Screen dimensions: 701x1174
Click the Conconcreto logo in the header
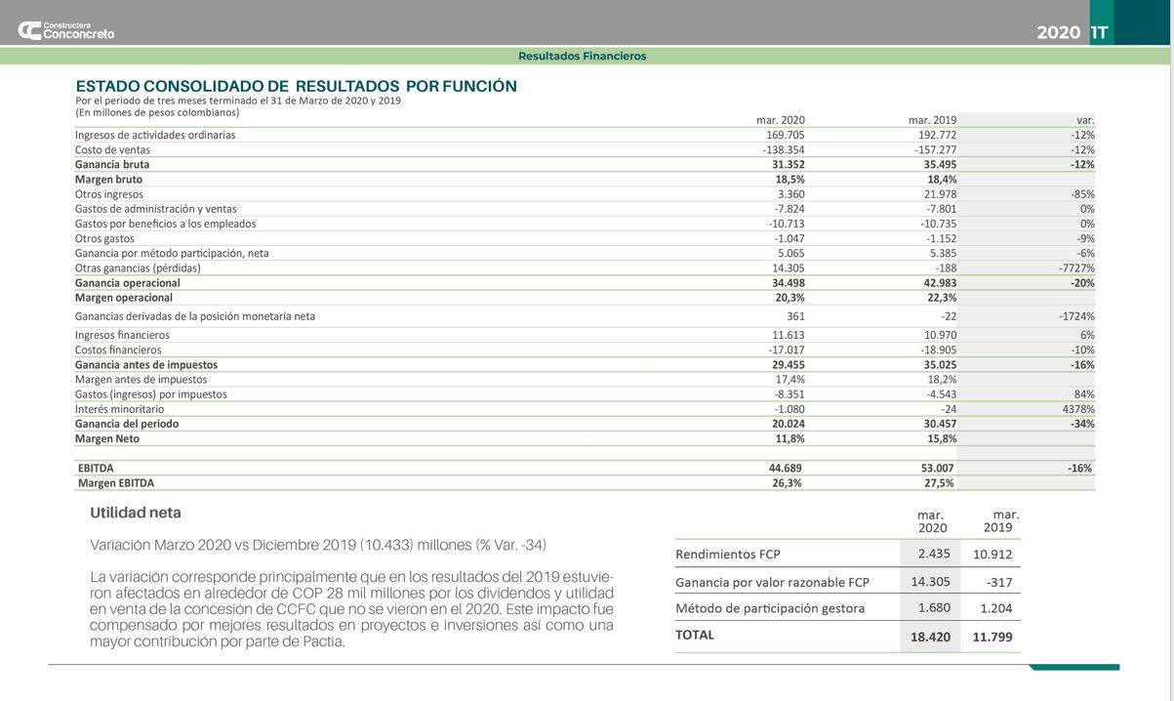(65, 30)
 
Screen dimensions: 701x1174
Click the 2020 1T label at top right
(1072, 32)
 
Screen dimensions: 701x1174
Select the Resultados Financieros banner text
(582, 57)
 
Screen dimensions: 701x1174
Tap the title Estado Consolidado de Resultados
(296, 86)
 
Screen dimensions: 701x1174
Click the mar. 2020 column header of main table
(781, 120)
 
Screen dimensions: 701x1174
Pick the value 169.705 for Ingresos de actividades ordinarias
(786, 135)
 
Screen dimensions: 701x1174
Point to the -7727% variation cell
(1076, 268)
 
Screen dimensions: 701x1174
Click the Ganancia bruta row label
(112, 165)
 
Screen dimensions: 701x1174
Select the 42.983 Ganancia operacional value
(940, 283)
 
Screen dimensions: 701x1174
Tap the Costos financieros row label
(118, 350)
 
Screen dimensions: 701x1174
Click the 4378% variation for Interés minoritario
(1078, 409)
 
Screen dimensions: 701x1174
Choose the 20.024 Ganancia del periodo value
(789, 424)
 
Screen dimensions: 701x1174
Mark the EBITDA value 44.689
(785, 469)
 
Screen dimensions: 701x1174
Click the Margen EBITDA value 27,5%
(939, 483)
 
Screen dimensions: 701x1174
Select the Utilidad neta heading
(136, 513)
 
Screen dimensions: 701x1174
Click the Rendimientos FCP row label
(728, 555)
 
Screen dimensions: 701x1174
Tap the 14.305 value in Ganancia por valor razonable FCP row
(930, 582)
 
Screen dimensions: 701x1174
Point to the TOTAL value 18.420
(930, 637)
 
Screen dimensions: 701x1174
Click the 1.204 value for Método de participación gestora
(995, 608)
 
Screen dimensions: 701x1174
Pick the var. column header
(1085, 120)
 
